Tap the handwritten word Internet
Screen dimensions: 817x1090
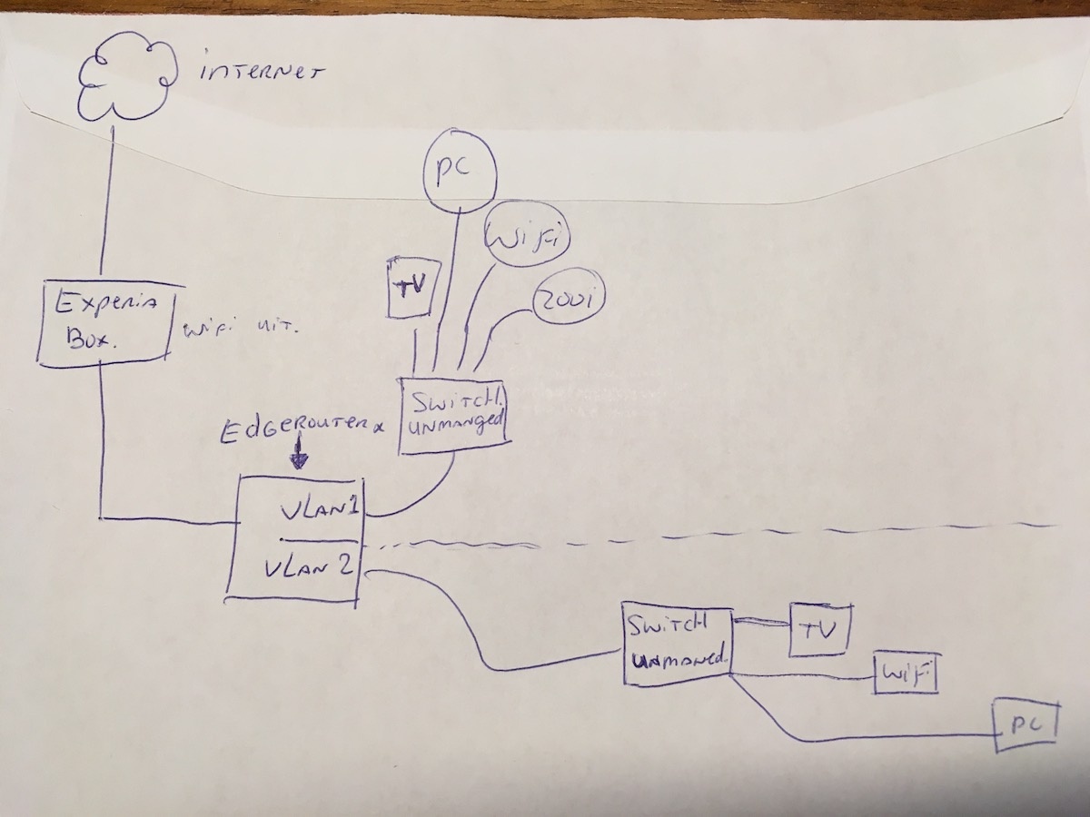point(260,73)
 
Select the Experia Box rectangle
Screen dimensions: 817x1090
point(106,322)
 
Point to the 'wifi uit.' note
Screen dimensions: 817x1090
point(240,329)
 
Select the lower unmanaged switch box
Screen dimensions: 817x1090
point(678,645)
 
